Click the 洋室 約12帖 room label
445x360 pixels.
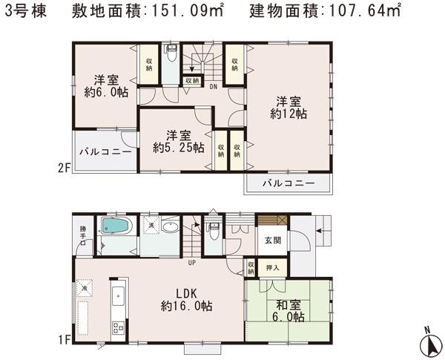pyautogui.click(x=289, y=108)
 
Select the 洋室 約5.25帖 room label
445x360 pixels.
pyautogui.click(x=179, y=142)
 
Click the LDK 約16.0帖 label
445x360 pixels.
pyautogui.click(x=187, y=298)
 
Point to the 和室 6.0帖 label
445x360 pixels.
pyautogui.click(x=287, y=310)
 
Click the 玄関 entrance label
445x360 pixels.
pyautogui.click(x=271, y=240)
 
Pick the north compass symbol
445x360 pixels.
pyautogui.click(x=429, y=342)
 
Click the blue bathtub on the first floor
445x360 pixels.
pyautogui.click(x=116, y=226)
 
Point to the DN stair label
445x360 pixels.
pyautogui.click(x=213, y=86)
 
